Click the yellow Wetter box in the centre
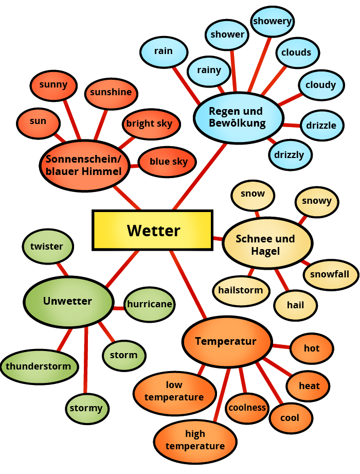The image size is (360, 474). pyautogui.click(x=152, y=230)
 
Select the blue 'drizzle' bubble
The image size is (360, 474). pyautogui.click(x=321, y=125)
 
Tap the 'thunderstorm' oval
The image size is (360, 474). pyautogui.click(x=39, y=367)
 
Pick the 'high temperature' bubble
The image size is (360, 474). pyautogui.click(x=195, y=440)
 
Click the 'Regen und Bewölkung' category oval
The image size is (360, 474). pyautogui.click(x=238, y=117)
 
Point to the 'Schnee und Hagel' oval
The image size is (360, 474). pyautogui.click(x=266, y=244)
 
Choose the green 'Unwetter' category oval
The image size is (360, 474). pyautogui.click(x=68, y=302)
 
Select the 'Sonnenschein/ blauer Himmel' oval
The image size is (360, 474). pyautogui.click(x=84, y=165)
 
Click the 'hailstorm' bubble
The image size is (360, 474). pyautogui.click(x=241, y=290)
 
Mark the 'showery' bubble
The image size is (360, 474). pyautogui.click(x=272, y=22)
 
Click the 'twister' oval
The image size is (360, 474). pyautogui.click(x=47, y=247)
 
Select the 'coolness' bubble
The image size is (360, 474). pyautogui.click(x=247, y=408)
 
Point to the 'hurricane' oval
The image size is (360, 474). pyautogui.click(x=149, y=304)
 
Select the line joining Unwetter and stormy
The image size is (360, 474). pyautogui.click(x=85, y=360)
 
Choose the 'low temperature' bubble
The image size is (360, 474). pyautogui.click(x=174, y=391)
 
